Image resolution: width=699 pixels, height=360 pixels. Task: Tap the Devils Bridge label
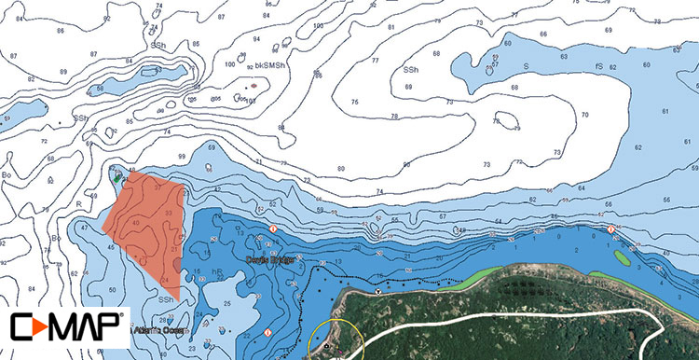click(270, 259)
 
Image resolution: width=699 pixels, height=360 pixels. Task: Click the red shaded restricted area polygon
click(144, 224)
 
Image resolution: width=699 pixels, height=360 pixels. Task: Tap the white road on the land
click(522, 318)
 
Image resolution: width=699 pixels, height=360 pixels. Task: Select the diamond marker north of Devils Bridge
click(273, 229)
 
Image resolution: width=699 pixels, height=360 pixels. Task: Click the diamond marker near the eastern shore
click(610, 229)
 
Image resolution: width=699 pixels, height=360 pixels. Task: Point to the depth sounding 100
click(230, 63)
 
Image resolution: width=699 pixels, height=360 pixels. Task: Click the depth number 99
click(182, 157)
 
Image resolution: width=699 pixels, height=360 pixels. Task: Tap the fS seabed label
click(597, 66)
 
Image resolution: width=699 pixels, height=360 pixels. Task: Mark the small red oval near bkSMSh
click(253, 87)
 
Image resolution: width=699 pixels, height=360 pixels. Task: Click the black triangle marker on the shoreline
click(377, 290)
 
